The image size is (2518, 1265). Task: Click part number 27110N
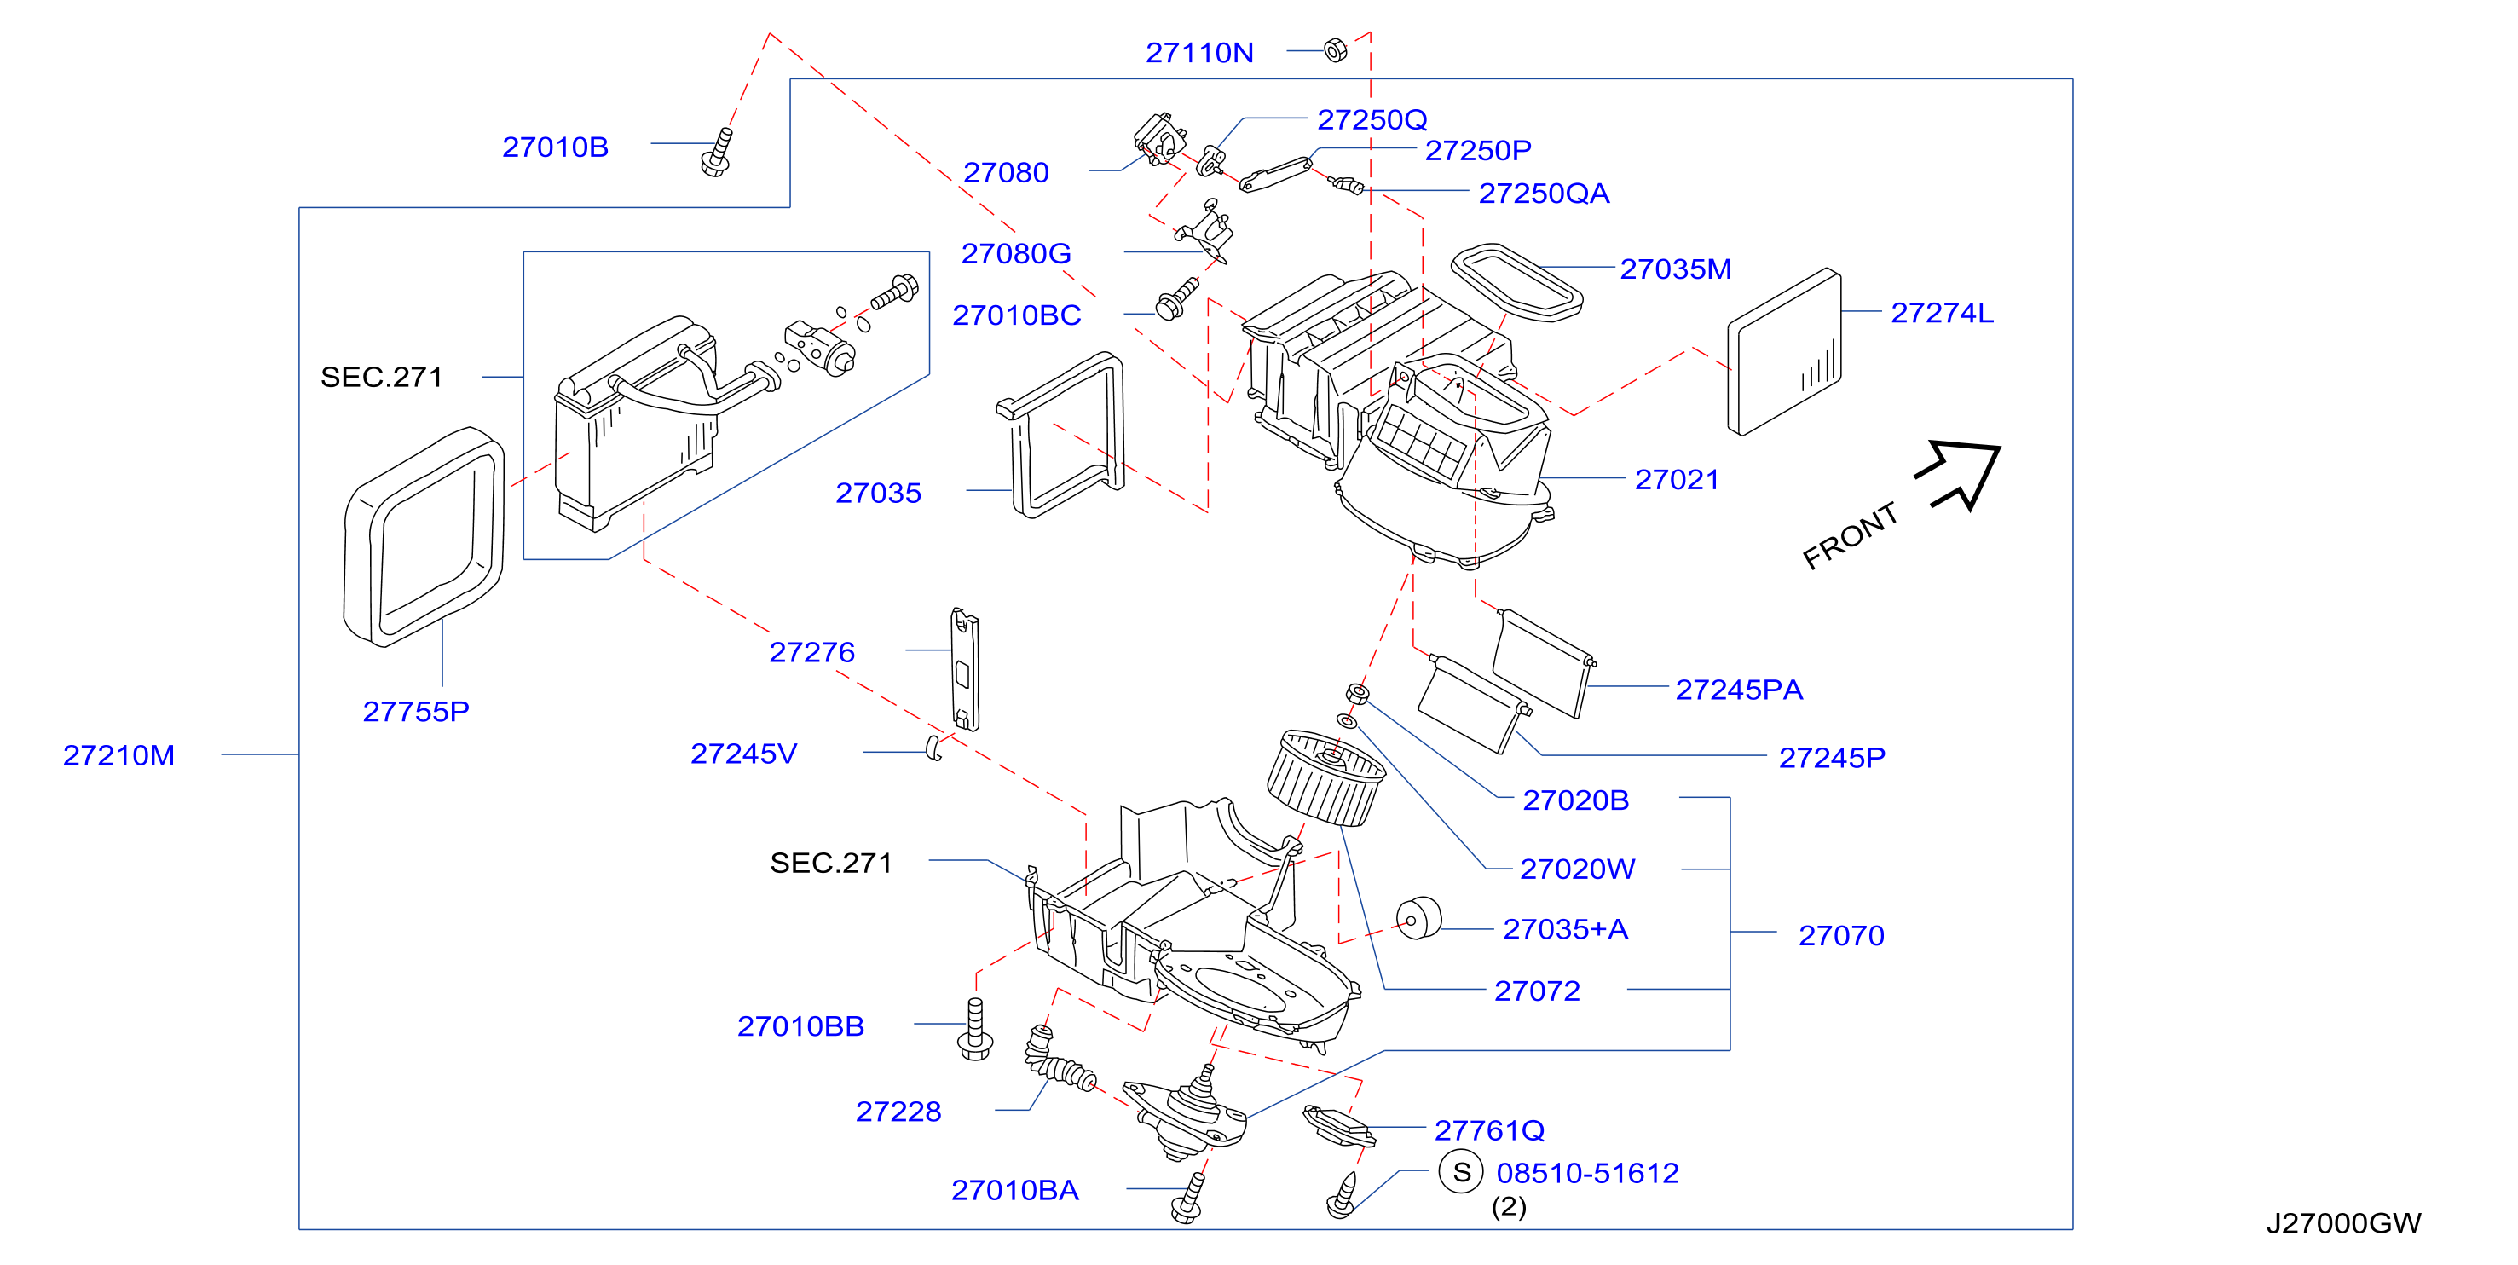1198,53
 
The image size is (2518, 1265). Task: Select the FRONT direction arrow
1960,474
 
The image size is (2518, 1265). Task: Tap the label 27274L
1941,313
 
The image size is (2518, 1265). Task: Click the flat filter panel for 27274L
1785,352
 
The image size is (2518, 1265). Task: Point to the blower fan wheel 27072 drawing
1325,777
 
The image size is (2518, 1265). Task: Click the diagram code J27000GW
2343,1223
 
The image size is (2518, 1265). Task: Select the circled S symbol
1461,1172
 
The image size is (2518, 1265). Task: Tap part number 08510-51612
1587,1173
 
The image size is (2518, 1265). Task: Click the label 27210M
118,756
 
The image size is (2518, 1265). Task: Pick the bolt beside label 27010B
718,153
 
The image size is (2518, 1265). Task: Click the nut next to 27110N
1335,49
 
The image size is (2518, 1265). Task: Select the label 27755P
415,712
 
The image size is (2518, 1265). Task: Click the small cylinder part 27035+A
1418,919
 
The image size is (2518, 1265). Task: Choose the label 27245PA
1738,690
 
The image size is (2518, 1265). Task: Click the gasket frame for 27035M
1516,282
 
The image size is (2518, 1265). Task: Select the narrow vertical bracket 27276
965,668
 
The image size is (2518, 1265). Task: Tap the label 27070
1840,936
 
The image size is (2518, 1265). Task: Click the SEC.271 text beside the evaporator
381,378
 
